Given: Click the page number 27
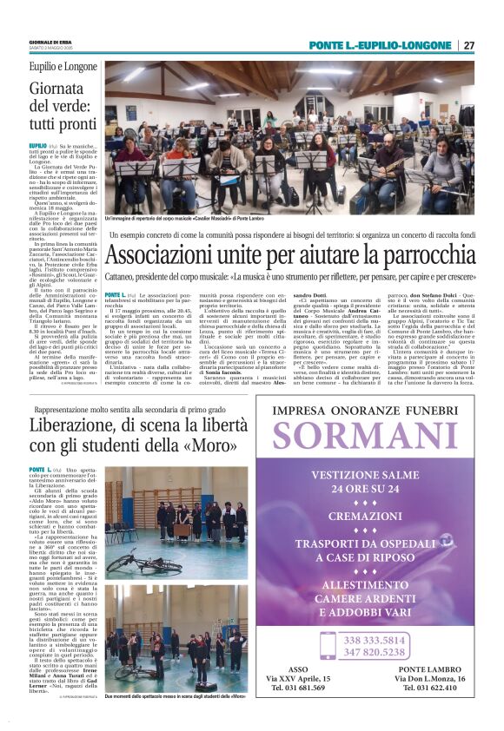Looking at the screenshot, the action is pyautogui.click(x=468, y=45).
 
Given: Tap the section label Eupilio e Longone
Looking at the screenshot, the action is pyautogui.click(x=63, y=66).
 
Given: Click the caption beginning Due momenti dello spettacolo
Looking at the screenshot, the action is pyautogui.click(x=175, y=697).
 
